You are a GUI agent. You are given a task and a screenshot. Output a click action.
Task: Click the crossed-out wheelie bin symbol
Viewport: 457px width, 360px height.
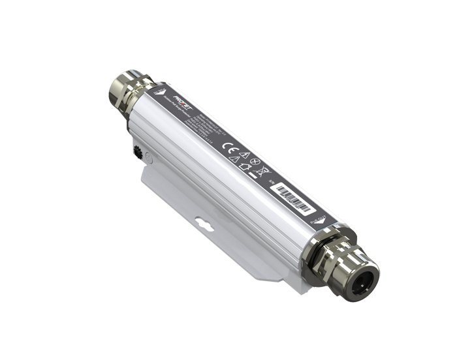click(260, 171)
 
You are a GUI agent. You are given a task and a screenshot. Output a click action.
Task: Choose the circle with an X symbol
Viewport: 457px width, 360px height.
click(255, 162)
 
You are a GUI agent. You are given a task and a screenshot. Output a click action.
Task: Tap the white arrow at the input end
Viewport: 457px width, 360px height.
click(160, 92)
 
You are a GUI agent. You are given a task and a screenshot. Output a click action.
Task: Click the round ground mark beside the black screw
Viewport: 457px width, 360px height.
click(150, 157)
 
